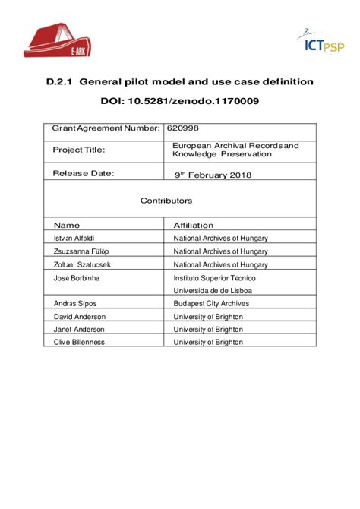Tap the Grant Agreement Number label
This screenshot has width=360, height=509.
[106, 128]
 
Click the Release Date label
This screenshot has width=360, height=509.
[84, 173]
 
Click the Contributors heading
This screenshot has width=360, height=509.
[166, 201]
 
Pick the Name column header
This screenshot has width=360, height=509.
[67, 225]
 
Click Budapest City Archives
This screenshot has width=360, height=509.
[211, 303]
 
